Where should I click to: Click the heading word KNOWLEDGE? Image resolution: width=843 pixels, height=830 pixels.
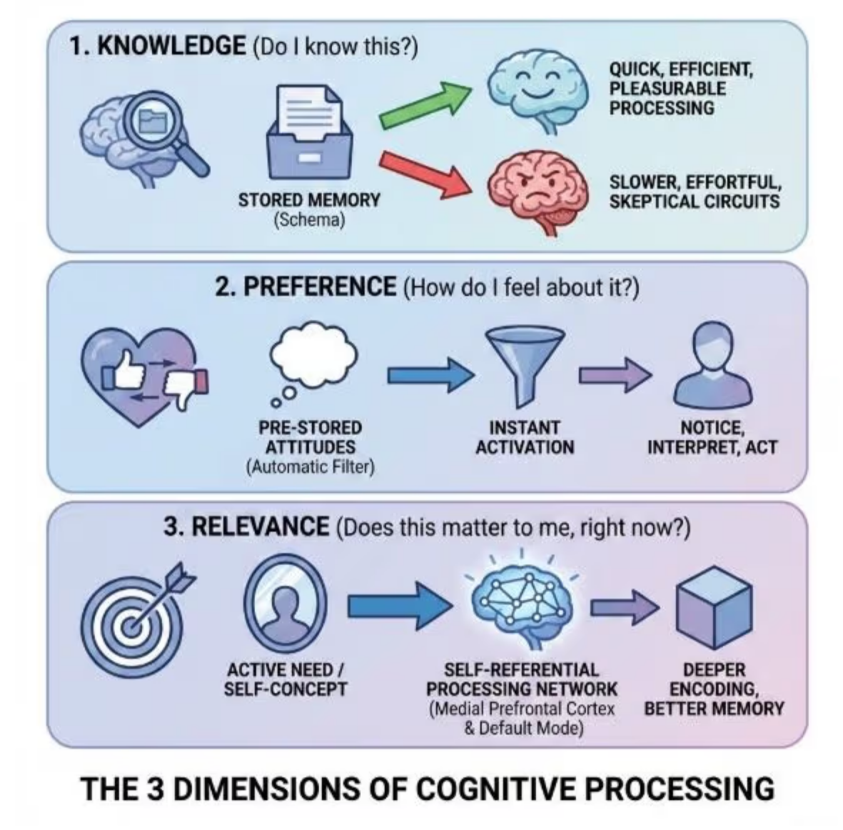click(171, 46)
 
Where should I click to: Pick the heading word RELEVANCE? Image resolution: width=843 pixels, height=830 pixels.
click(261, 527)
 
